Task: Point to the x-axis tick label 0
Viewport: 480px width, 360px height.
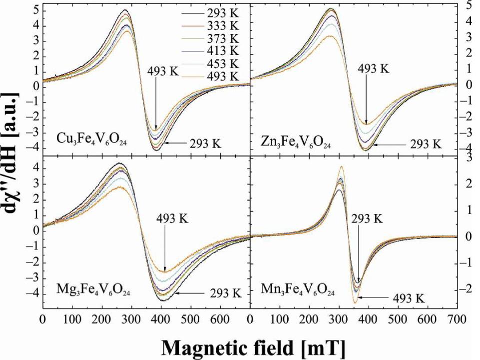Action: tap(43, 319)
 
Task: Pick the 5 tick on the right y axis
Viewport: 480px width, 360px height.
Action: tap(468, 6)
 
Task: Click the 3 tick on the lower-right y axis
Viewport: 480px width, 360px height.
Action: tap(468, 159)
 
